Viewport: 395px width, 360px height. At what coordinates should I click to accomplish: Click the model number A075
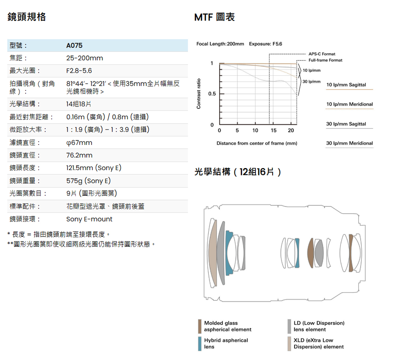tap(74, 45)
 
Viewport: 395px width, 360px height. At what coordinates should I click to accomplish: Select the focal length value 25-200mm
tap(85, 58)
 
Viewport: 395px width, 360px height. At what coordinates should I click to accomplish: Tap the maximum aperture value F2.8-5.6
tap(79, 71)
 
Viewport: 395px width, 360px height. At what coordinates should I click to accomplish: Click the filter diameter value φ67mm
tap(79, 143)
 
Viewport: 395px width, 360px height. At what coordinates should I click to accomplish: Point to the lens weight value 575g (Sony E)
tap(88, 181)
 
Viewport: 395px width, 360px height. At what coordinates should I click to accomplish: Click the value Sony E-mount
tap(89, 219)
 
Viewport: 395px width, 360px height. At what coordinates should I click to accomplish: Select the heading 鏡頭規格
tap(26, 17)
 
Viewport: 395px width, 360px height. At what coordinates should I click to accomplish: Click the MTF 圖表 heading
tap(214, 17)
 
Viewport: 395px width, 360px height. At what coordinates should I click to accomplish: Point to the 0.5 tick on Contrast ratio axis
tap(212, 94)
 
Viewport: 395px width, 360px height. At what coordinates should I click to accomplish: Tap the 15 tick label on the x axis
tap(274, 130)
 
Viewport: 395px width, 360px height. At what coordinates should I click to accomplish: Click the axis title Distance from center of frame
tap(257, 143)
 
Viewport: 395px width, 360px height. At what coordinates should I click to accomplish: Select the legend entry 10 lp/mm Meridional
tap(350, 104)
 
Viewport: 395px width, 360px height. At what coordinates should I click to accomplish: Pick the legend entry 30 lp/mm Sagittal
tap(346, 124)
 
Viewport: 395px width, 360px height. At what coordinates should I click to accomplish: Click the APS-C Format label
tap(322, 54)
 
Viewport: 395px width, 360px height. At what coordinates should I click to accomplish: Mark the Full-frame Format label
tap(325, 60)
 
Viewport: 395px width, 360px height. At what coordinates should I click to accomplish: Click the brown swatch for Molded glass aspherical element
tap(200, 326)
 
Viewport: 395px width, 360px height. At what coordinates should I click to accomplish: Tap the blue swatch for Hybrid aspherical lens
tap(200, 344)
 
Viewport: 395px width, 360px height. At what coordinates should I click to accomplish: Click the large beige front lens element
tap(213, 253)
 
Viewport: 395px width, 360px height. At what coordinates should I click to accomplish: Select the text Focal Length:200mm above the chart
tap(220, 44)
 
